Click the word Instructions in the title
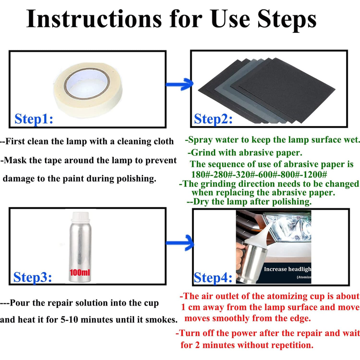point(94,19)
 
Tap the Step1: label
point(34,119)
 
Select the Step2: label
point(213,119)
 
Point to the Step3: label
point(32,277)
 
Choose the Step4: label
point(213,278)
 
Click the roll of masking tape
point(88,90)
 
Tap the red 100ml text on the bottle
point(80,273)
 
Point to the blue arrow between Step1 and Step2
point(180,84)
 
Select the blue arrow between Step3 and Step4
point(180,243)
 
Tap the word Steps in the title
point(287,20)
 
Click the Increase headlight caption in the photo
point(288,269)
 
